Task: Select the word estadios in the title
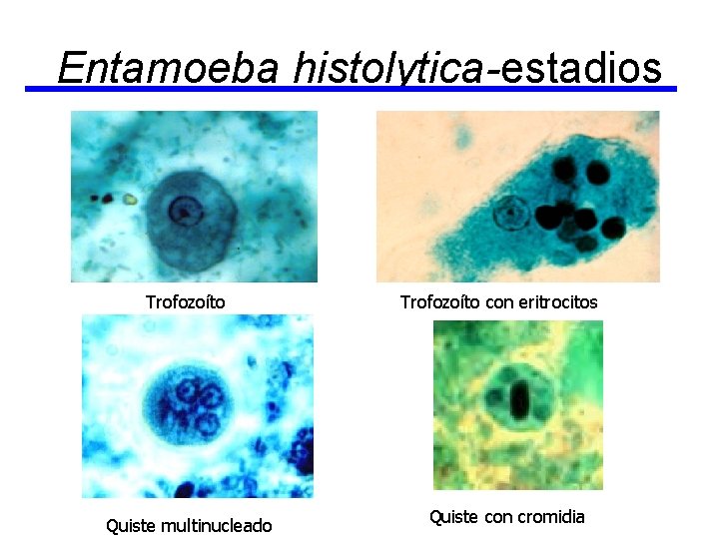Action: click(x=580, y=68)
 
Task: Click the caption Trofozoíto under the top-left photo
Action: click(x=185, y=301)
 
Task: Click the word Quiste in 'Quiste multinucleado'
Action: click(x=132, y=525)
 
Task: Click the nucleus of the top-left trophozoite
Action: click(x=183, y=211)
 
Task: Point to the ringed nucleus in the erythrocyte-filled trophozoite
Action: click(x=511, y=213)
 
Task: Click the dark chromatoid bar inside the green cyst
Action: click(x=519, y=401)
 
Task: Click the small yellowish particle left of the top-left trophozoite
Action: click(x=129, y=199)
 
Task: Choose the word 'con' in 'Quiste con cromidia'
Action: click(x=495, y=516)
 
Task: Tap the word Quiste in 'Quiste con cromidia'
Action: click(x=453, y=516)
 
